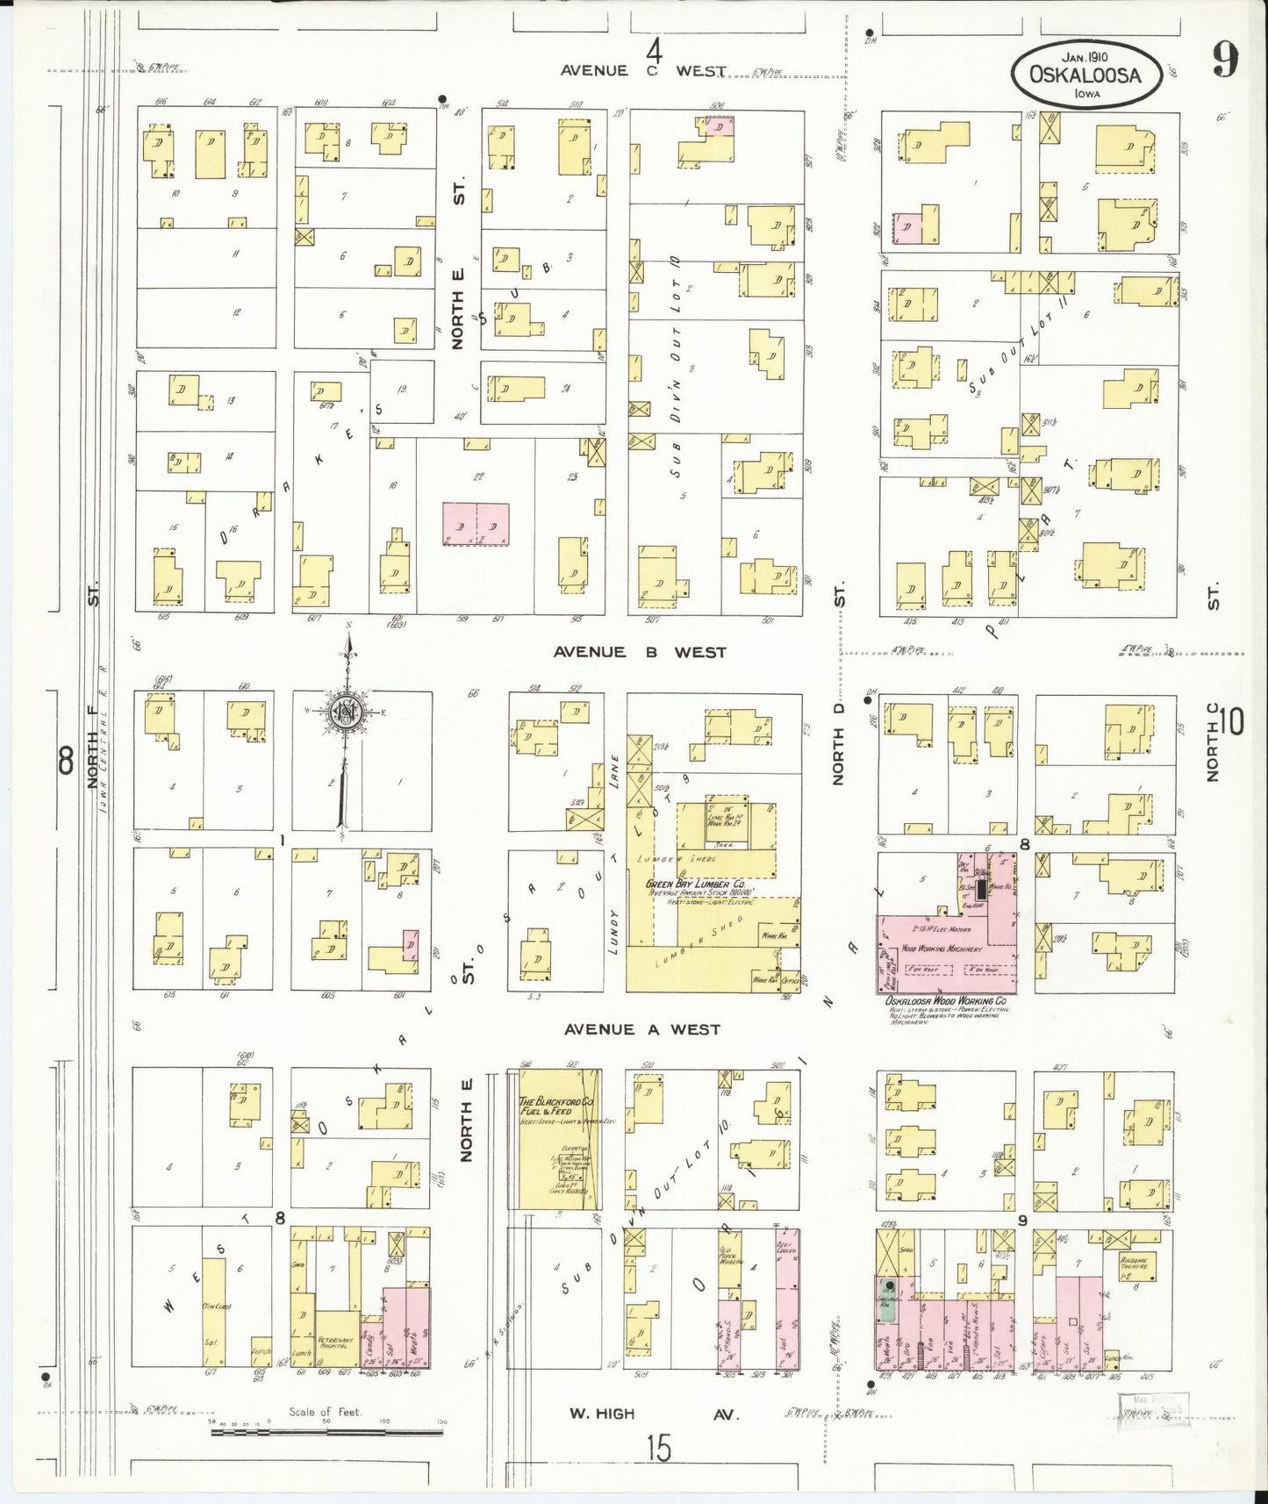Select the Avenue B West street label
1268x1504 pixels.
(x=640, y=652)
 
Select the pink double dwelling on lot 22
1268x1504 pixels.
(x=476, y=524)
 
